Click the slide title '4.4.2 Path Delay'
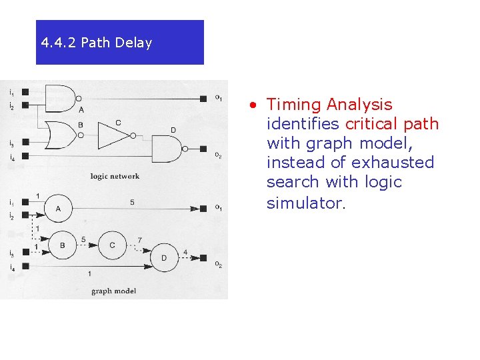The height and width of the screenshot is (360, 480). (x=97, y=43)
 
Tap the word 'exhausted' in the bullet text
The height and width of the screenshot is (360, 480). (x=393, y=163)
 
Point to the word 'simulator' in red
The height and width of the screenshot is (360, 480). (x=304, y=203)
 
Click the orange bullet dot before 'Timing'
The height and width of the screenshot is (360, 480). (x=253, y=105)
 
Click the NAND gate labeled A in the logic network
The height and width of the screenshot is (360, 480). (x=60, y=98)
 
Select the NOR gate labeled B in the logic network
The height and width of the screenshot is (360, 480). (x=61, y=135)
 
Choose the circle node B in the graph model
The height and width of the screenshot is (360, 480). (x=62, y=245)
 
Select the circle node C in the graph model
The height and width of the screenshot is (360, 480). (x=112, y=245)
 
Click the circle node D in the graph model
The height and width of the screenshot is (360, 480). (x=164, y=257)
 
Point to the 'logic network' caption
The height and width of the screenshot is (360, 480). (x=115, y=177)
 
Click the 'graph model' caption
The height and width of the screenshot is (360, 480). (x=113, y=291)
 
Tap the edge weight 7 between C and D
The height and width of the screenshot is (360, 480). (x=139, y=240)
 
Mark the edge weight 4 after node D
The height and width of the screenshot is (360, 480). (x=185, y=252)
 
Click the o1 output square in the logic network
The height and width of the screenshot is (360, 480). (x=203, y=99)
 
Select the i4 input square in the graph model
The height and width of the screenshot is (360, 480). (x=25, y=267)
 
